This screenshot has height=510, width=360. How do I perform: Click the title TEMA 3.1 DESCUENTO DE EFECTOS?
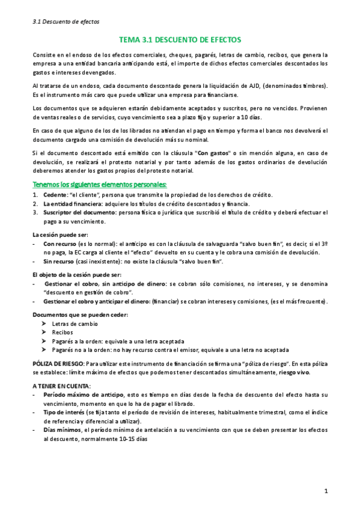tap(180, 40)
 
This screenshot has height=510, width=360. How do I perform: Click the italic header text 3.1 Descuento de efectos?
tap(66, 22)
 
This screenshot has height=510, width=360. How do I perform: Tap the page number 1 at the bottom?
tap(326, 491)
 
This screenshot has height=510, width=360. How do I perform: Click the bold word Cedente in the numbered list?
tap(55, 194)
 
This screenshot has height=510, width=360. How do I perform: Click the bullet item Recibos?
tap(63, 332)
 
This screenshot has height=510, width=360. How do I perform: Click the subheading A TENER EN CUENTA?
tap(61, 384)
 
